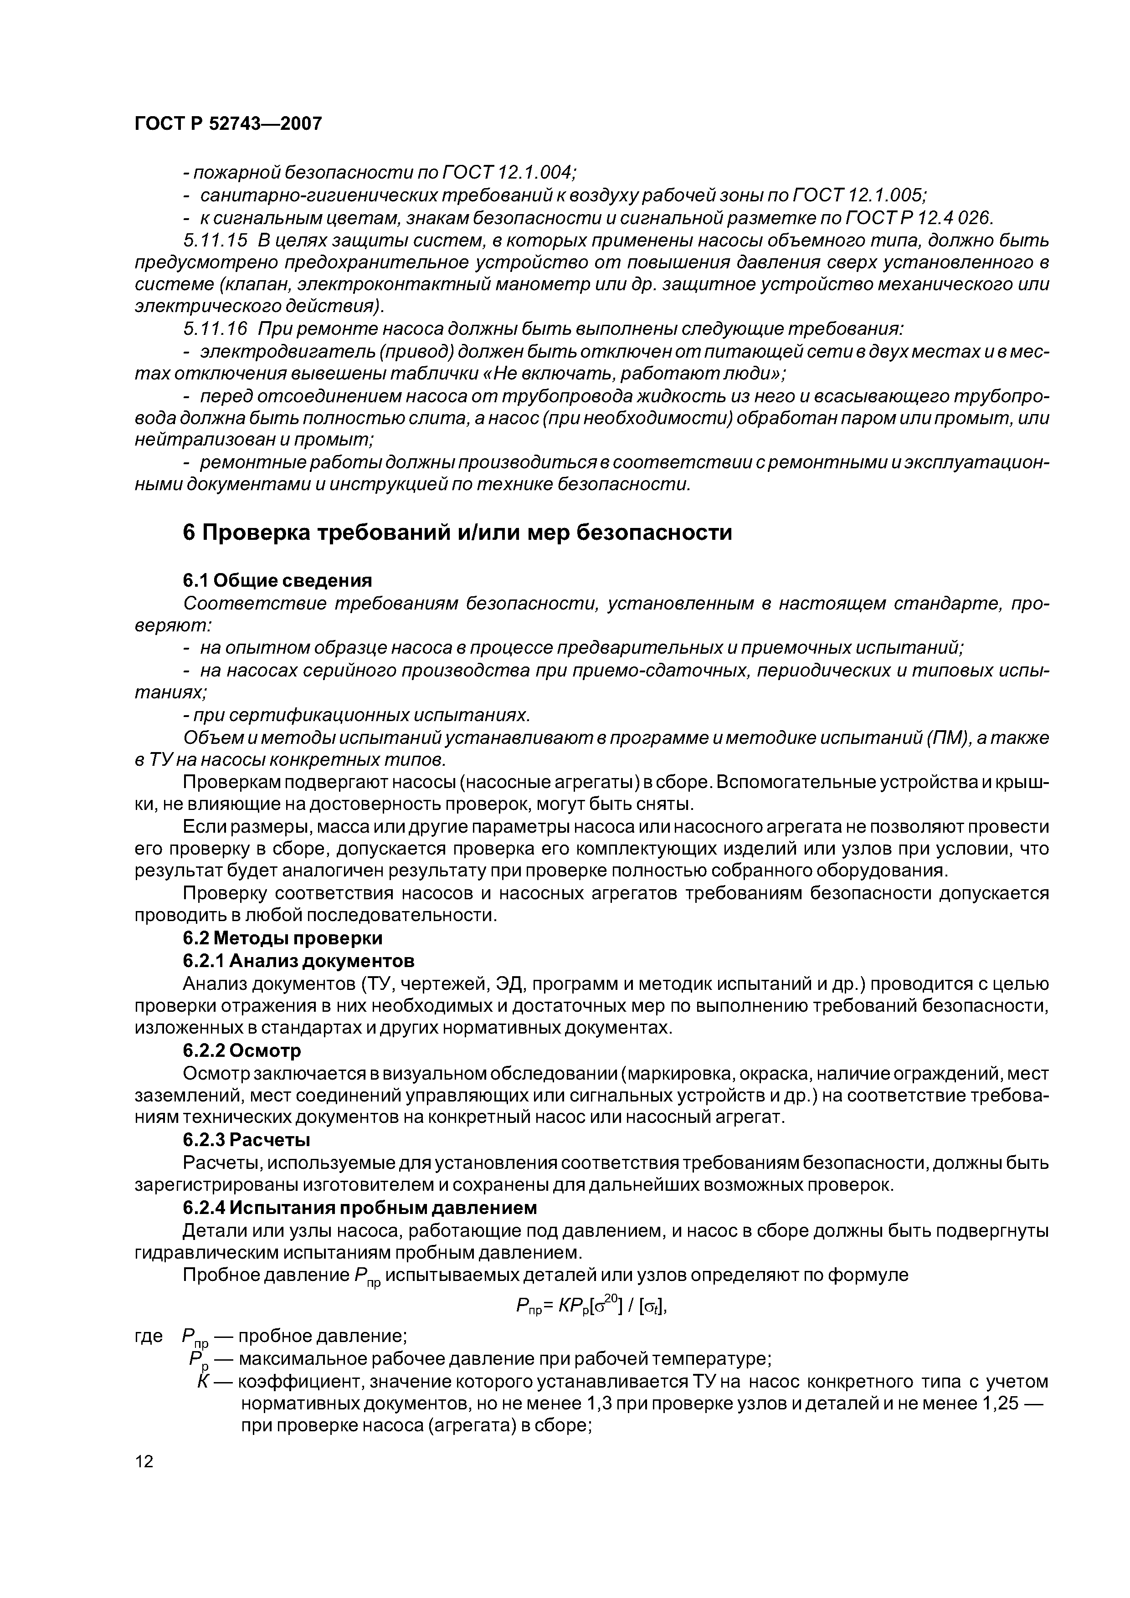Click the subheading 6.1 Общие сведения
[277, 580]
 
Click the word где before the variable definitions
[148, 1336]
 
